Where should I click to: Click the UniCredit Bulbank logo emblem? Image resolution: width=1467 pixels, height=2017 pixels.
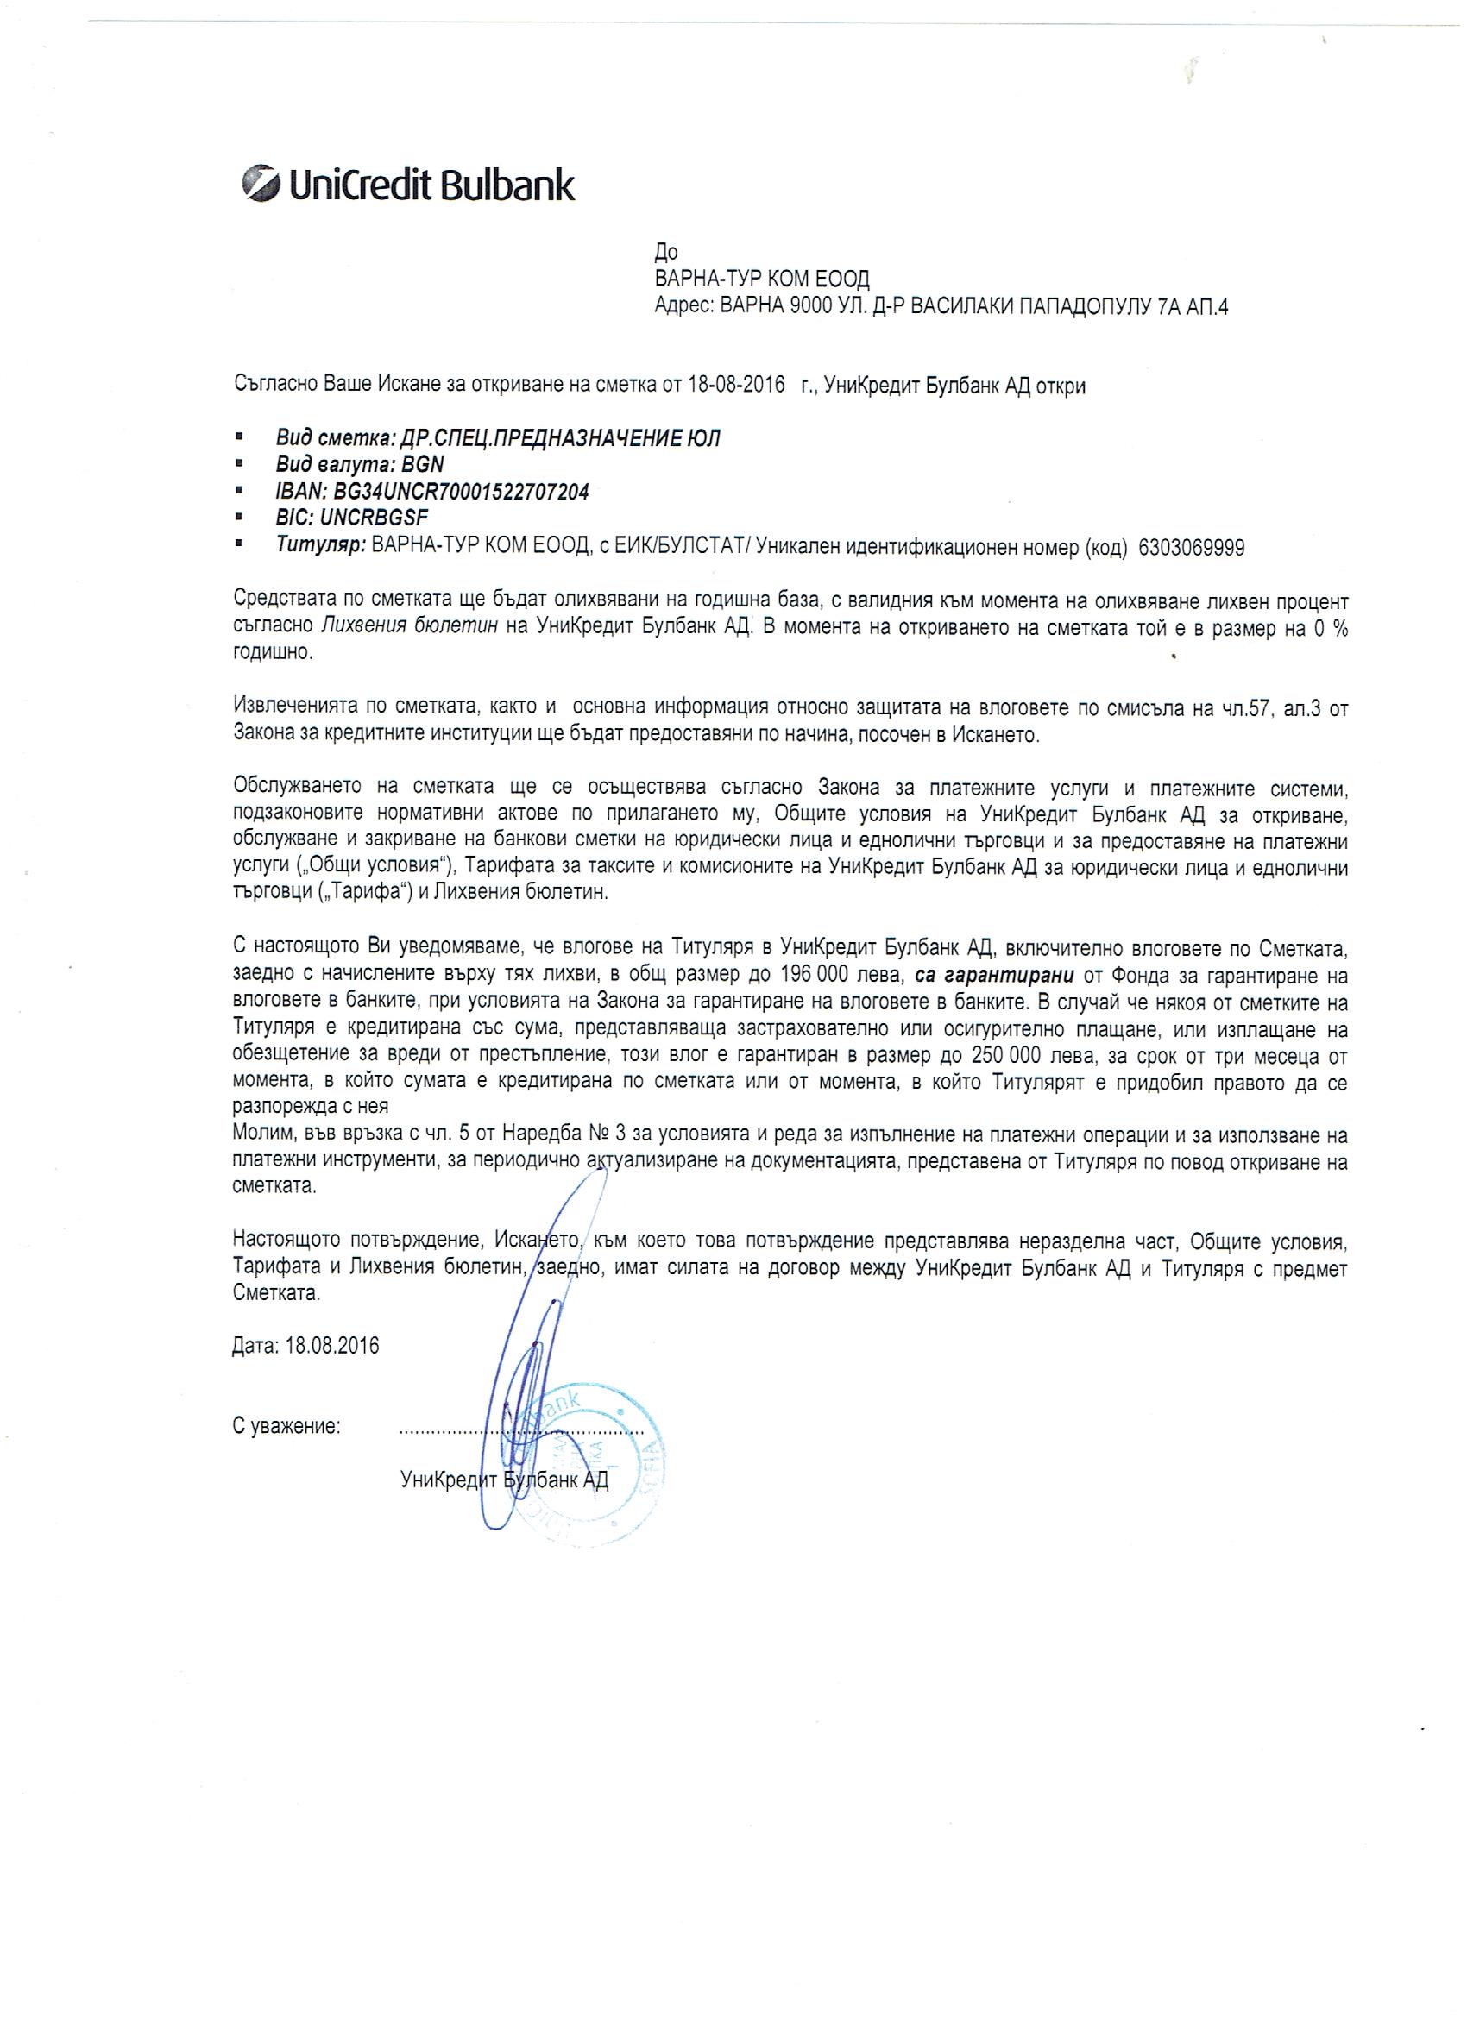[260, 185]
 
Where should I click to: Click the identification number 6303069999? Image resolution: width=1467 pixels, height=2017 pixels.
[1190, 548]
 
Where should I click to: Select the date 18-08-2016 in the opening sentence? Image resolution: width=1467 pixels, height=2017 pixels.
[737, 386]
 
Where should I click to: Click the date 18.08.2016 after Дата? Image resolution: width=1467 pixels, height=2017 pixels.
[333, 1347]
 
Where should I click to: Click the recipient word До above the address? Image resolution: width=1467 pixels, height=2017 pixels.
[665, 254]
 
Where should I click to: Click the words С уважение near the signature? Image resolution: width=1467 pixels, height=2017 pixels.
[286, 1427]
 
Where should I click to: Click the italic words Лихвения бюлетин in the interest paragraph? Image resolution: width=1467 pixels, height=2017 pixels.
[410, 627]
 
